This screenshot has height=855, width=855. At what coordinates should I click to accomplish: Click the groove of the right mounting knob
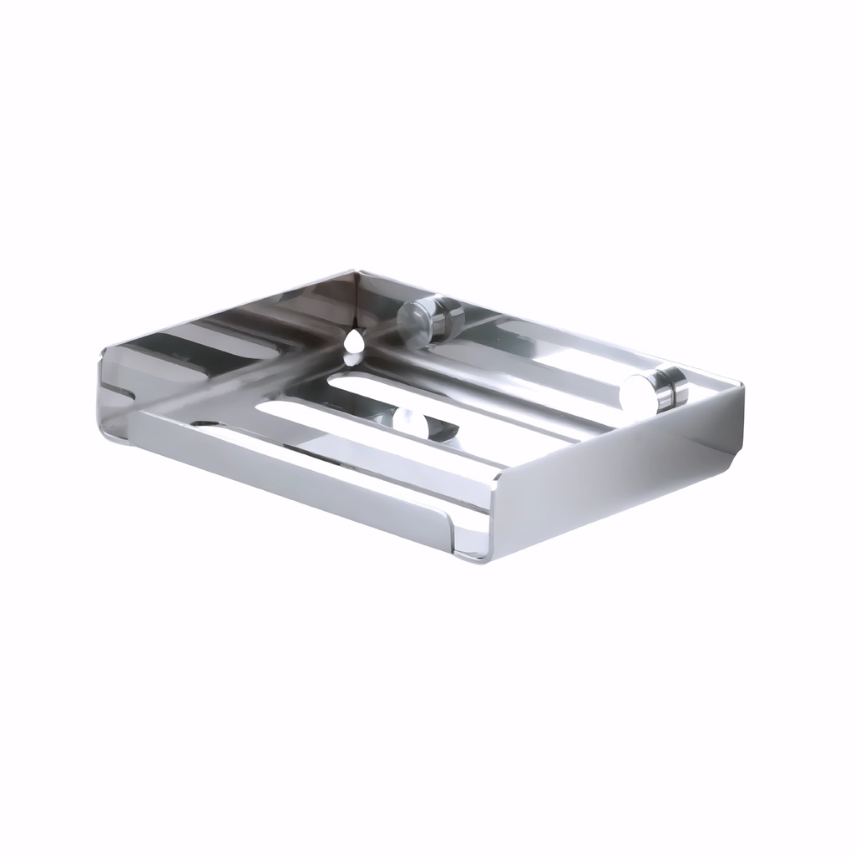671,389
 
